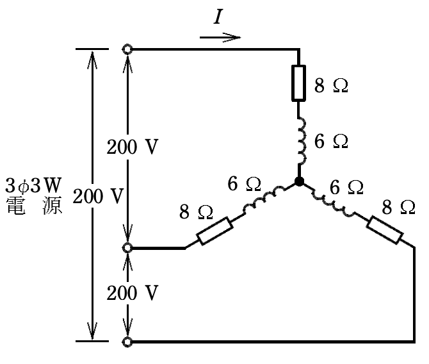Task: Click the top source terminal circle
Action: tap(127, 50)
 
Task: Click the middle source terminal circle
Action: tap(127, 248)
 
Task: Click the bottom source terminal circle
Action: tap(127, 342)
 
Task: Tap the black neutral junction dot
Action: tap(299, 181)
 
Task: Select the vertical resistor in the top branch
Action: tap(298, 83)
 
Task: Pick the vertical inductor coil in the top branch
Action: tap(301, 141)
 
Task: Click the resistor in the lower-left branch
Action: tap(215, 231)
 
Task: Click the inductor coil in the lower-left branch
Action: tap(264, 200)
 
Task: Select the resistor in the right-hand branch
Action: tap(384, 230)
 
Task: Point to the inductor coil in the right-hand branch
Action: tap(333, 203)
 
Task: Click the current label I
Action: tap(218, 17)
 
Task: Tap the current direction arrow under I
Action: tap(220, 37)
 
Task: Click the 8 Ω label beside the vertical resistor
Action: tap(331, 85)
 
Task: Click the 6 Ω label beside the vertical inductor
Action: tap(331, 142)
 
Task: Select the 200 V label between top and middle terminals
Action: tap(133, 147)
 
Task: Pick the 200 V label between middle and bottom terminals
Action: tap(133, 293)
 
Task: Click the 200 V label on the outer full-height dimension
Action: tap(98, 196)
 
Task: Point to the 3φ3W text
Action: tap(33, 185)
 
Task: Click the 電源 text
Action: tap(34, 205)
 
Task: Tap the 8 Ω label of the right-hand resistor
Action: tap(399, 208)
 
